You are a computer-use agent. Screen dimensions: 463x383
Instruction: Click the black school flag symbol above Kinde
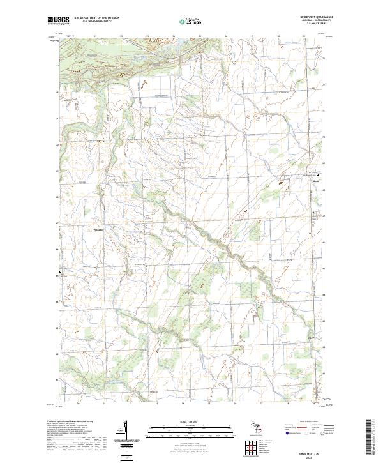319,174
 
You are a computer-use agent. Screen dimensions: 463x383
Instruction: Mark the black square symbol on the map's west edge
61,271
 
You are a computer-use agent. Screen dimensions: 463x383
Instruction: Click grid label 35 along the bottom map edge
209,404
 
